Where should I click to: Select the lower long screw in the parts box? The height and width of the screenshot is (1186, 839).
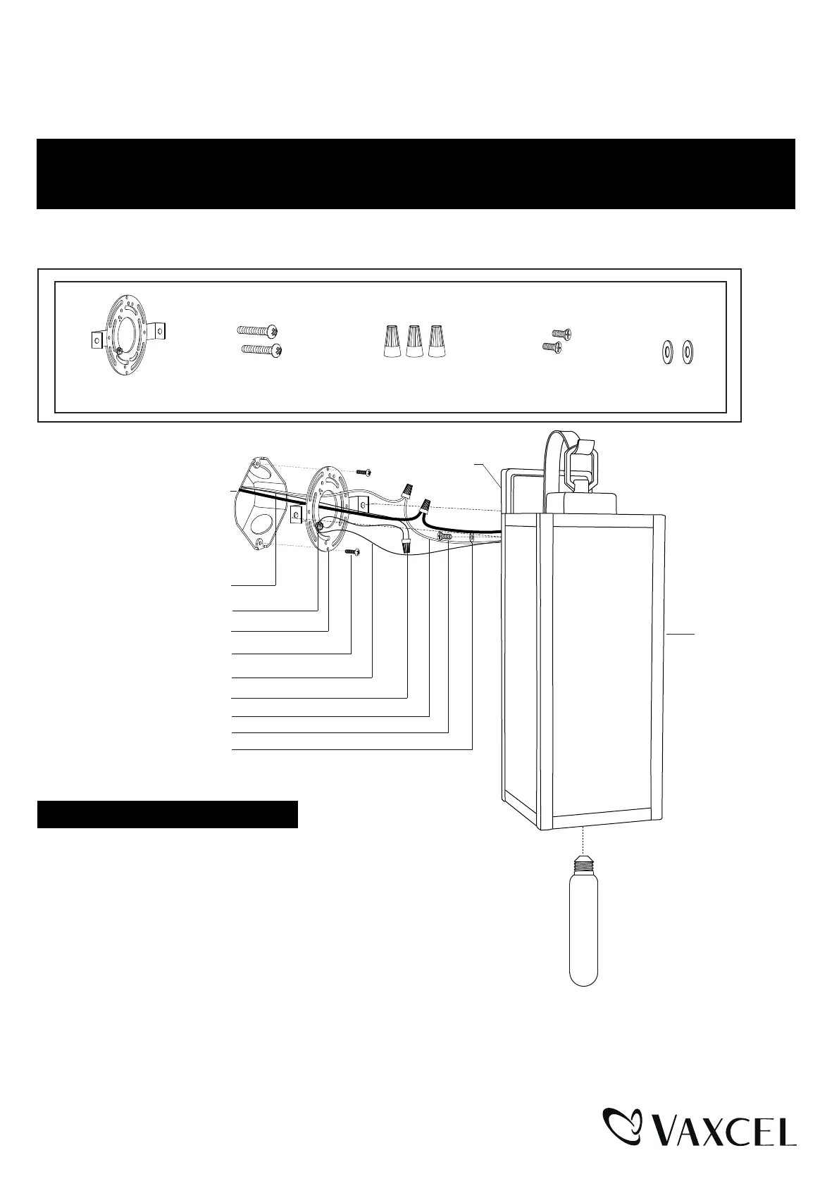pyautogui.click(x=262, y=349)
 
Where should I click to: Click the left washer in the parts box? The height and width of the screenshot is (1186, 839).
pyautogui.click(x=665, y=351)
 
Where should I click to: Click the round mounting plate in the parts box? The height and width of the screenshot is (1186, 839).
pyautogui.click(x=127, y=337)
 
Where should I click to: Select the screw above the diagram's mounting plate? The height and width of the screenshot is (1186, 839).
pyautogui.click(x=363, y=470)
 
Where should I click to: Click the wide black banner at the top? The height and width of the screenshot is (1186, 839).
pyautogui.click(x=416, y=173)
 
